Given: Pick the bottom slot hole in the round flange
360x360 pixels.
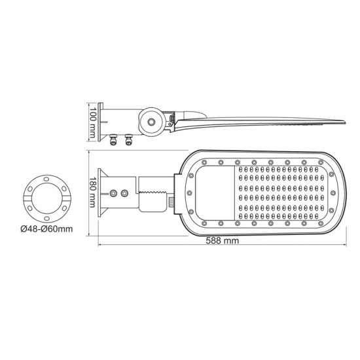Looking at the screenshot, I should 46,217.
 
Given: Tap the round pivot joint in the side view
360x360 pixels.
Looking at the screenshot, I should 153,121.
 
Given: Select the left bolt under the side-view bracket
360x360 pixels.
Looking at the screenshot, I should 115,138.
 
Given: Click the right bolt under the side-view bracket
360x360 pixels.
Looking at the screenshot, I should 128,138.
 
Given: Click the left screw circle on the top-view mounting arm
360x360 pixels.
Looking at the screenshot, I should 115,194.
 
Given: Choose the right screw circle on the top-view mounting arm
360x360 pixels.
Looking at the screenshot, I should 124,194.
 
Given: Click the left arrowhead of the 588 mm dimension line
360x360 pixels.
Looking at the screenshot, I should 100,247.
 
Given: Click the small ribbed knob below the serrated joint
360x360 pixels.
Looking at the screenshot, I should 171,204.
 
